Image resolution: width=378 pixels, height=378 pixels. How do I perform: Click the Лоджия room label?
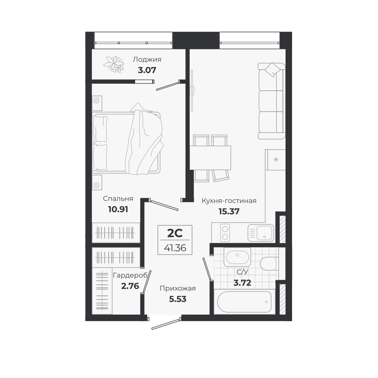(x=147, y=60)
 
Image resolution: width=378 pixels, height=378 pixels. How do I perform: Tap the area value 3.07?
(x=147, y=71)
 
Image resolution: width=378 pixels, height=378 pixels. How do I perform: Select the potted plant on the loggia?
(x=114, y=64)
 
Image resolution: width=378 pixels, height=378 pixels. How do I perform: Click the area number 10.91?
(x=118, y=209)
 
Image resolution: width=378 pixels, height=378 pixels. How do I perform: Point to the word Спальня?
(x=118, y=199)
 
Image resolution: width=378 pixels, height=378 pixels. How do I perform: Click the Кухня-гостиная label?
(x=229, y=201)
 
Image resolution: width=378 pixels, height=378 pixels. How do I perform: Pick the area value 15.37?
(x=229, y=211)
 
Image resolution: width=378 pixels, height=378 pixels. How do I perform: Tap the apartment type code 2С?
(x=175, y=234)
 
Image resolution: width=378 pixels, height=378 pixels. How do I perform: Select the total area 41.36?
(x=175, y=248)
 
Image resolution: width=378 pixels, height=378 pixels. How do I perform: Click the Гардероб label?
(x=130, y=275)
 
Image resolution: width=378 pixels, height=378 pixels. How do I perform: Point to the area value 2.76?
(x=130, y=286)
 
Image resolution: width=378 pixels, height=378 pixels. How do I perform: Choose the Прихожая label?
(x=178, y=288)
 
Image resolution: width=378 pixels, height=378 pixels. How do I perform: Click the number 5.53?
(x=178, y=299)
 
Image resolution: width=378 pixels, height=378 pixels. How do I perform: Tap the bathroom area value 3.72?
(x=242, y=283)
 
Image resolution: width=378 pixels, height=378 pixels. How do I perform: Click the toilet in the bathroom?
(x=269, y=264)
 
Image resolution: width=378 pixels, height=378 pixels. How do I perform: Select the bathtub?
(x=244, y=302)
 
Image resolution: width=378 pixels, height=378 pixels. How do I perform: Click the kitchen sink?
(x=261, y=232)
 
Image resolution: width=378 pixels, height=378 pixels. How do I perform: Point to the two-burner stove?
(x=225, y=232)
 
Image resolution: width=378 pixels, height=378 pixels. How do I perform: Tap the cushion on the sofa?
(x=273, y=70)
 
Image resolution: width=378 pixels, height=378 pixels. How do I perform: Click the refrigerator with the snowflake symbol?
(x=276, y=160)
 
